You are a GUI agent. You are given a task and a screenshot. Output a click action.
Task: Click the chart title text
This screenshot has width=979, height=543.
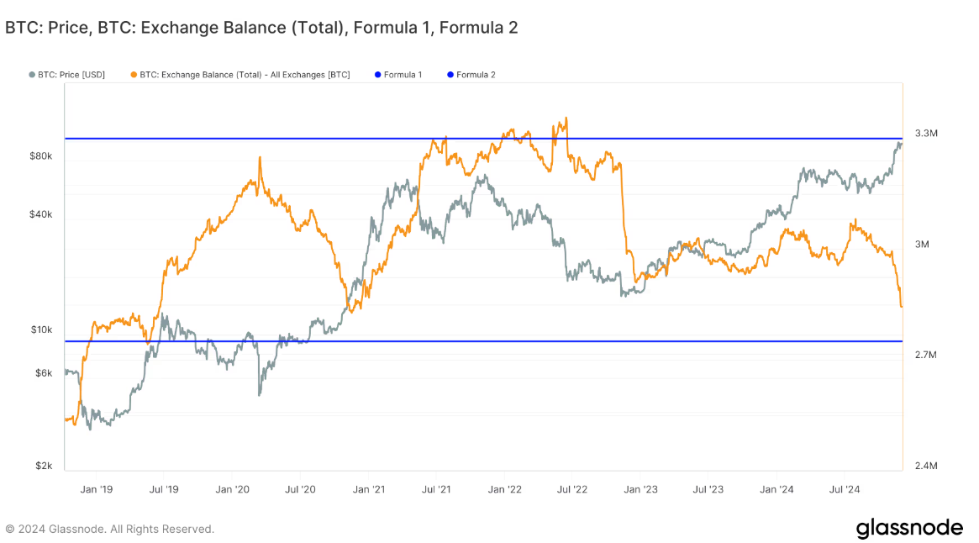coord(261,28)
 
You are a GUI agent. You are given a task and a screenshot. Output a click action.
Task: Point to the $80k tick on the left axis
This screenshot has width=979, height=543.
coord(41,156)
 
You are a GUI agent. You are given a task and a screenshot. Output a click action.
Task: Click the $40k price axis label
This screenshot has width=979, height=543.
coord(41,214)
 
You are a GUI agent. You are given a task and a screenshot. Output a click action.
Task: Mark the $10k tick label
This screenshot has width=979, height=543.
coord(41,329)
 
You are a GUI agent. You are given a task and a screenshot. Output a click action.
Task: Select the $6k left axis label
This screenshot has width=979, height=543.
coord(44,372)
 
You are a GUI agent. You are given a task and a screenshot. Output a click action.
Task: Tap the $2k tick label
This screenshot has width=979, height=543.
coord(44,466)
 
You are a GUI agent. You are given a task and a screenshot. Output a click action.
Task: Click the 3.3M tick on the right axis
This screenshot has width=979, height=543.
coord(925,134)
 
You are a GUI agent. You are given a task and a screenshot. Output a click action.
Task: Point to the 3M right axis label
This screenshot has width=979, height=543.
coord(922,245)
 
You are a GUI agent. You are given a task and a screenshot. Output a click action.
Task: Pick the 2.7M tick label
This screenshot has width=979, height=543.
coord(925,355)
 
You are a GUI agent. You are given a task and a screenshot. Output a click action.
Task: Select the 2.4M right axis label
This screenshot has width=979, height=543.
coord(925,466)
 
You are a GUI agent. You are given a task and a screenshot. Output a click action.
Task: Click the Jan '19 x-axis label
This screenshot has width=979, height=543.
coord(96,488)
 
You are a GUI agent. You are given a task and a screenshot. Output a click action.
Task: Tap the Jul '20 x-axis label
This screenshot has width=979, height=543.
coord(300,488)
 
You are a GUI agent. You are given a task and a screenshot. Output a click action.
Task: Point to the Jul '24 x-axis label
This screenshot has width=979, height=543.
coord(844,488)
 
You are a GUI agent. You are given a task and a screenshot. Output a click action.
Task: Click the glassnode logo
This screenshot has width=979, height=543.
coord(909,528)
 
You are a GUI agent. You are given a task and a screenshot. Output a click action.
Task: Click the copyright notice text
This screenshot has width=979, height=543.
coord(110,529)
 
